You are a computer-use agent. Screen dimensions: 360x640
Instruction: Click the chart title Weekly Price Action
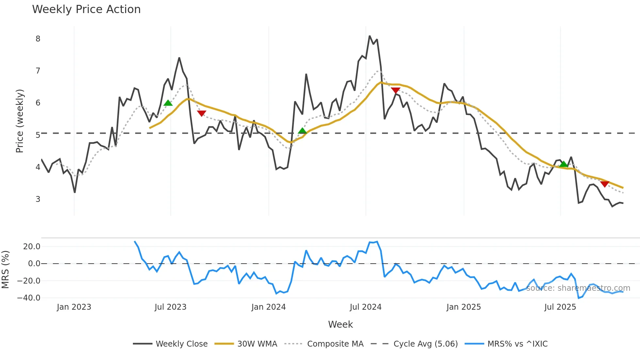pyautogui.click(x=86, y=9)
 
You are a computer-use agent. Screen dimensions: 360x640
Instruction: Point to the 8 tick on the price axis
pyautogui.click(x=38, y=39)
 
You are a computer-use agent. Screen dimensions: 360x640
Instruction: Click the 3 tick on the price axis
pyautogui.click(x=38, y=199)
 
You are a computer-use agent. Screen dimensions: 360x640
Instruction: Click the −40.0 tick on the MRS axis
pyautogui.click(x=29, y=298)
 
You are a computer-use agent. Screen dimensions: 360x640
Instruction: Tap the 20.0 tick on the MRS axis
pyautogui.click(x=32, y=247)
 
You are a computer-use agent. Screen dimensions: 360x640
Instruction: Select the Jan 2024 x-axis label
pyautogui.click(x=268, y=307)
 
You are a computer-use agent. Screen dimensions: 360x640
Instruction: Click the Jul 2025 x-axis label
pyautogui.click(x=560, y=307)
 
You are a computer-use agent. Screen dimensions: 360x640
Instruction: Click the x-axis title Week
pyautogui.click(x=340, y=324)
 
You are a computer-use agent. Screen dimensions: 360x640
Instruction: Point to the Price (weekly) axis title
pyautogui.click(x=20, y=121)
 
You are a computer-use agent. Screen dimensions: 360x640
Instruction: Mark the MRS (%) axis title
pyautogui.click(x=5, y=270)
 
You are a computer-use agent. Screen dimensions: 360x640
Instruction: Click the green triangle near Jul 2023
pyautogui.click(x=168, y=103)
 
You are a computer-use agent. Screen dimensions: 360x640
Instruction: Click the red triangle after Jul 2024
pyautogui.click(x=395, y=90)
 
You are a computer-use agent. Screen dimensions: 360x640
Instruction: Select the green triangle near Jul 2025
pyautogui.click(x=563, y=164)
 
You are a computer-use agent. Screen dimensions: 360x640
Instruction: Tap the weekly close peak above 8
pyautogui.click(x=369, y=36)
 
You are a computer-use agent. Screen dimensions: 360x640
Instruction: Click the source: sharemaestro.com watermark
pyautogui.click(x=578, y=288)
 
